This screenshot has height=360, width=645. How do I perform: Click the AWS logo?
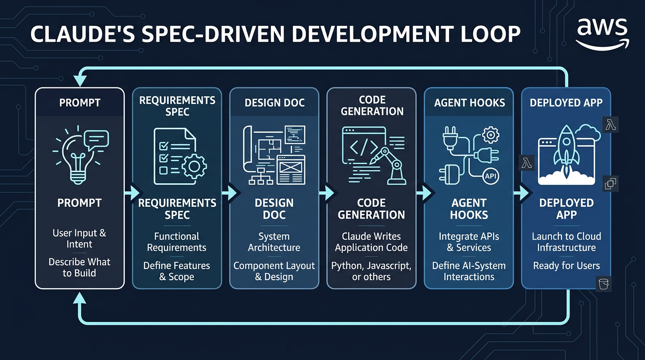tap(602, 34)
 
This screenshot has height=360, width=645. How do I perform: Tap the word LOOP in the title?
tap(491, 34)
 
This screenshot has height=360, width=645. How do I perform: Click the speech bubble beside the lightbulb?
tap(96, 140)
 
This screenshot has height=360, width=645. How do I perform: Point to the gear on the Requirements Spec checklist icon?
tap(194, 167)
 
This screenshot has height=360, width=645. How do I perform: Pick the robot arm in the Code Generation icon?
tap(390, 166)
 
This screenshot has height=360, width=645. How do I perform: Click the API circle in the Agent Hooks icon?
tap(490, 176)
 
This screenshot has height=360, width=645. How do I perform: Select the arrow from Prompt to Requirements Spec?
tap(133, 193)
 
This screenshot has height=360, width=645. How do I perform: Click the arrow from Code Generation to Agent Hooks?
tap(424, 193)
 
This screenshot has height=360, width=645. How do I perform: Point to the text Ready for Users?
tap(566, 265)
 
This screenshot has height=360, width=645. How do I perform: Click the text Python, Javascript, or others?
tap(371, 271)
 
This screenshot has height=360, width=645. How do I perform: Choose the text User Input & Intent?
tap(79, 239)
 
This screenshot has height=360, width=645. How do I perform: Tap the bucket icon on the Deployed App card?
tap(604, 284)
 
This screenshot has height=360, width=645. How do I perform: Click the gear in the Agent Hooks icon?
tap(490, 135)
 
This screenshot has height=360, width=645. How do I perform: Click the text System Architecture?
tap(274, 242)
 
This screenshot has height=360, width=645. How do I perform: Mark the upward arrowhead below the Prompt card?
tap(80, 298)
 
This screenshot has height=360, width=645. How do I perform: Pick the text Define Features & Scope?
tap(177, 271)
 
